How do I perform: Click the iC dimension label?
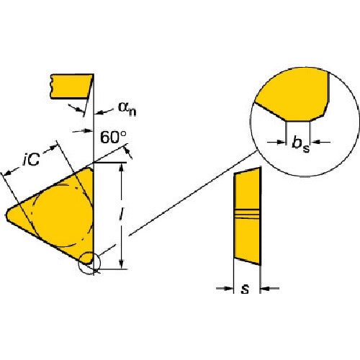[32, 158]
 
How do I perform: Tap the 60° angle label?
[113, 137]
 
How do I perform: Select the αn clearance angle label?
[127, 108]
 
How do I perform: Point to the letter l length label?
[122, 214]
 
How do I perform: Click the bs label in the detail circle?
[301, 144]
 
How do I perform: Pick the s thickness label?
[246, 289]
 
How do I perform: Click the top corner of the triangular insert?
[90, 168]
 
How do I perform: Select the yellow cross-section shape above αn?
[71, 86]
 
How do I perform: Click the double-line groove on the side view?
[247, 214]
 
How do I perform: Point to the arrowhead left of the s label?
[228, 288]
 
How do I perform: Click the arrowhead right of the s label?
[265, 288]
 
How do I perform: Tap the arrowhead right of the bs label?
[315, 142]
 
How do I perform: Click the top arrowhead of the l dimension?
[122, 168]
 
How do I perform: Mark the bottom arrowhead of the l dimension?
[122, 264]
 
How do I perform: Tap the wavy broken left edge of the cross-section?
[51, 86]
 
